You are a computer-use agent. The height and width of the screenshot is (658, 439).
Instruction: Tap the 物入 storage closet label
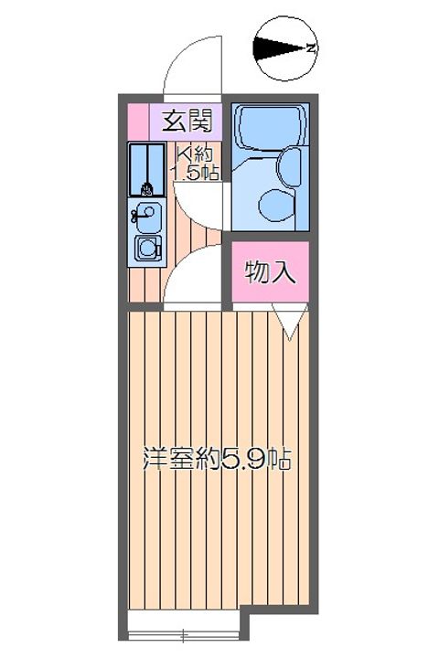pos(270,272)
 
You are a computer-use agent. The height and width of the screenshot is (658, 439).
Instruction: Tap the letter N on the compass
pos(311,48)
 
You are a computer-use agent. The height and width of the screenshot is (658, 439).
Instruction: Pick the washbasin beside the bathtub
pos(289,167)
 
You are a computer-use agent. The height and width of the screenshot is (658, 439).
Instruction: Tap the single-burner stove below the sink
pos(146,247)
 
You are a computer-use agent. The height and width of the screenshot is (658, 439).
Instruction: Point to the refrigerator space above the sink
pos(145,169)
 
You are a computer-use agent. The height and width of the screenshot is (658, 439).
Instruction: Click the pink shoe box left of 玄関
pos(137,119)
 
